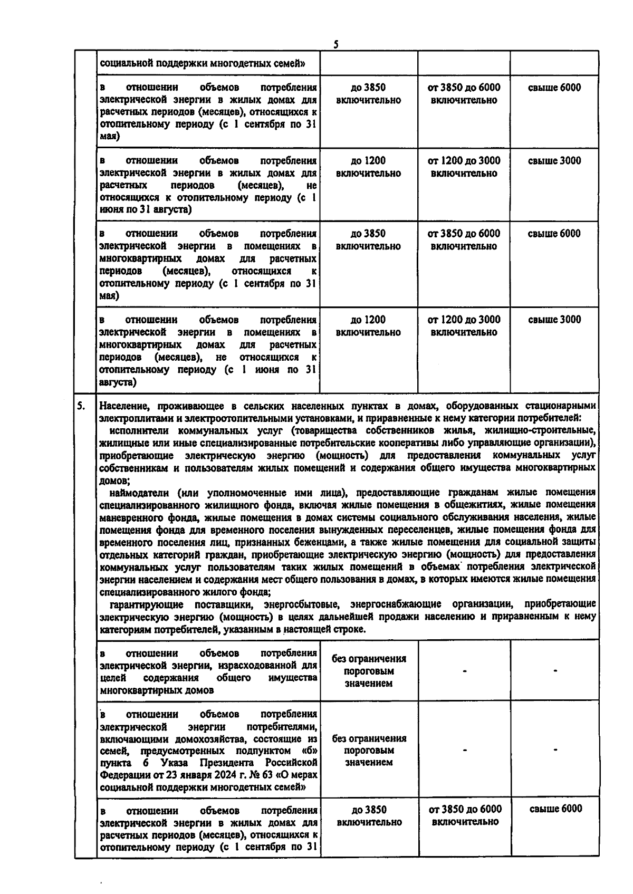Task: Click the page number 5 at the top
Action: point(335,45)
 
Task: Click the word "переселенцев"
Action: point(424,530)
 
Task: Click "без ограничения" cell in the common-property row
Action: point(369,659)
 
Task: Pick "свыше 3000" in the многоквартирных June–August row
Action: point(554,320)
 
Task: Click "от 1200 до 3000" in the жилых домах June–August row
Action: point(464,161)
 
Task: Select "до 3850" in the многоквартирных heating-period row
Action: point(368,234)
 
